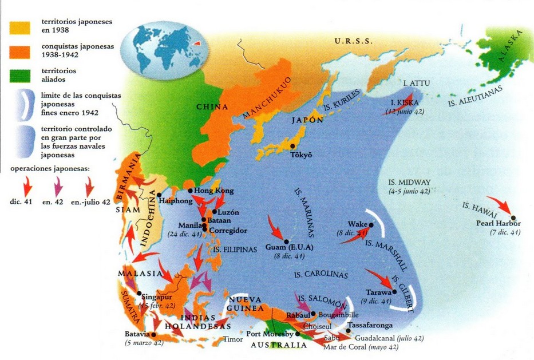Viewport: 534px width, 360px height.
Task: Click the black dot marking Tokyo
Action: point(295,145)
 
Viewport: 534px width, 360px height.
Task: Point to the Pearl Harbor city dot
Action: point(513,217)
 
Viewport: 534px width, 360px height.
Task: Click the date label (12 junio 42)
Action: point(404,112)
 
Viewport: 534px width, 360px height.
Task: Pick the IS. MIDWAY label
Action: point(409,181)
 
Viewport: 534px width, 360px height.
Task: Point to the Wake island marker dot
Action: point(371,225)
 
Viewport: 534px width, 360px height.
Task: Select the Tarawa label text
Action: point(377,291)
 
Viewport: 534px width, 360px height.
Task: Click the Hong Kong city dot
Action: point(190,191)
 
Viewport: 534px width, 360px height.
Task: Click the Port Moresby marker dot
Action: point(297,333)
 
